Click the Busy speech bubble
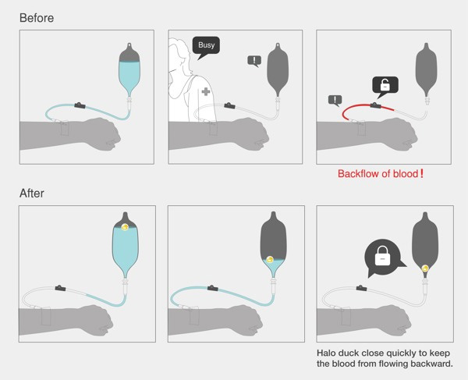[206, 46]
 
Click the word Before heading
[37, 18]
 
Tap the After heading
[32, 194]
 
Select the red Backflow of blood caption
[381, 173]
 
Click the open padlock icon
[385, 85]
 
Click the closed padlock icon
[383, 256]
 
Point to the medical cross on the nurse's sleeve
[206, 91]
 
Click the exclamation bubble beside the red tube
[335, 101]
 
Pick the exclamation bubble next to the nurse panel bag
[254, 61]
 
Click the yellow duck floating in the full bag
[126, 226]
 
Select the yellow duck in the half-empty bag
[270, 260]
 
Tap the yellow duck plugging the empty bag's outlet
[425, 268]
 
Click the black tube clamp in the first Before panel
[80, 105]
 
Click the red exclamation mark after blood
[421, 173]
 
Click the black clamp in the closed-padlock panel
[361, 288]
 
